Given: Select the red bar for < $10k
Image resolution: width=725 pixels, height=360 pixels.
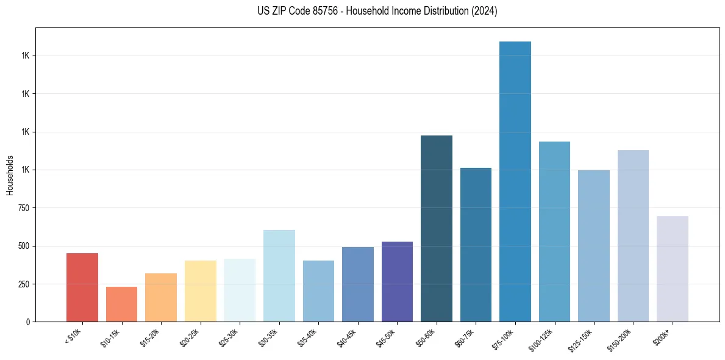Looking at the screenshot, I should pos(82,287).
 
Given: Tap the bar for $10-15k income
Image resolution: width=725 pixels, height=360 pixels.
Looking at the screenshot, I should pos(121,304).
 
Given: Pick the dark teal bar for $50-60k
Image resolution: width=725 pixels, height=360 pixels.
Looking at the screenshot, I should pos(437,228).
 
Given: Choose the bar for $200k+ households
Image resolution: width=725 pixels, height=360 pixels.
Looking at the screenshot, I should pos(673,268).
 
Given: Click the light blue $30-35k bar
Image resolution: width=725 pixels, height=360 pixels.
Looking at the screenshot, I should pos(279,276).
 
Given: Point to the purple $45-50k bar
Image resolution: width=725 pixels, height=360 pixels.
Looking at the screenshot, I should pos(397,281).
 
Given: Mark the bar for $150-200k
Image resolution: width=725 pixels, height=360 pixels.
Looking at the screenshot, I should pos(633,236).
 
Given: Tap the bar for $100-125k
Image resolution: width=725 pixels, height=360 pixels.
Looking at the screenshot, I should pos(554,231).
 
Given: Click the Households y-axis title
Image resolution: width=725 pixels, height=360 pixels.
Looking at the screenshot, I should pos(10,175).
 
